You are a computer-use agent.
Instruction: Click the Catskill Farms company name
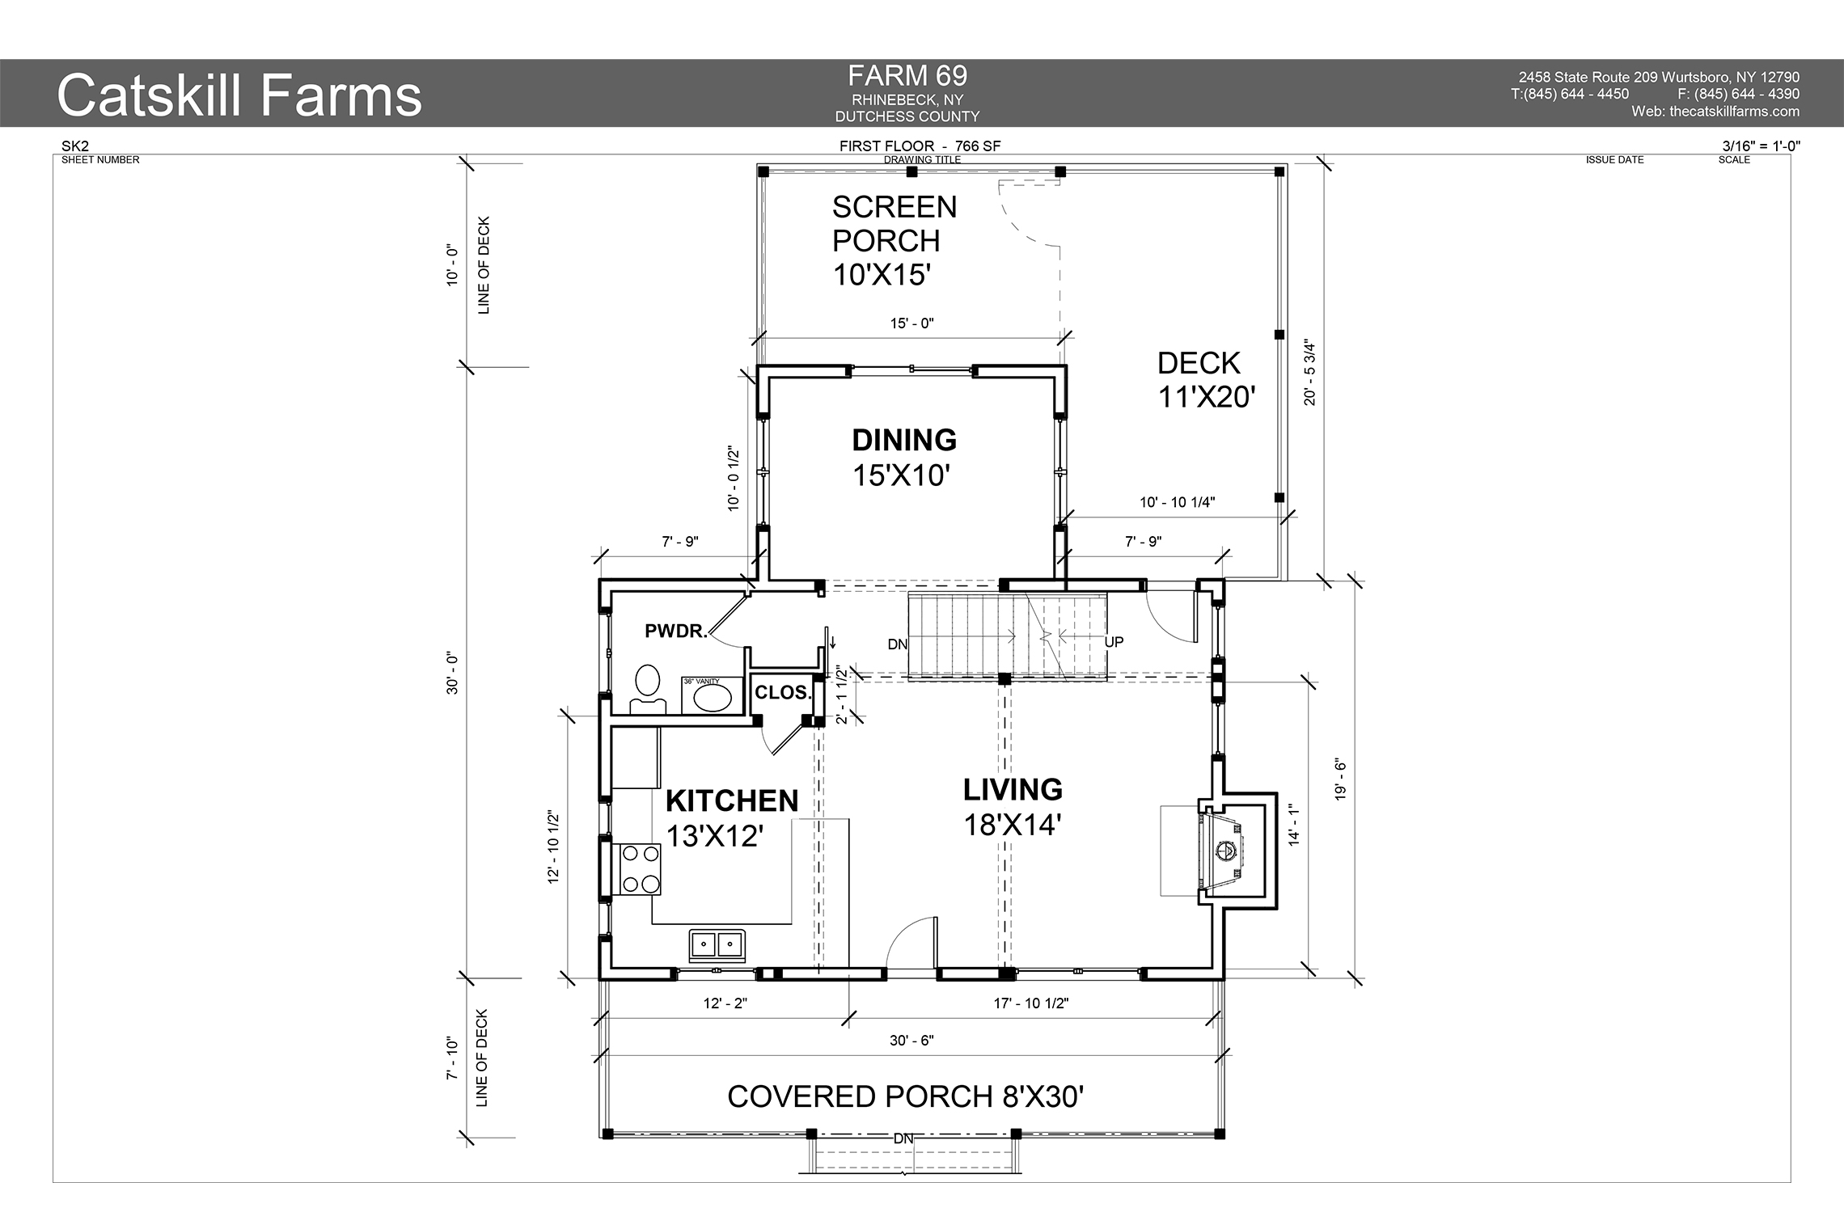(x=239, y=95)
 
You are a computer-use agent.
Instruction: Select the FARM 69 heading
(x=907, y=76)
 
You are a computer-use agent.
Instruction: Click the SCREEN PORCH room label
(x=895, y=224)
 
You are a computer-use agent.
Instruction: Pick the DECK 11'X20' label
(x=1207, y=380)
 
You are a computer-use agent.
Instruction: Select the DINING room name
(x=904, y=441)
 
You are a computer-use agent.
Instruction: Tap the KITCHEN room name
(x=732, y=801)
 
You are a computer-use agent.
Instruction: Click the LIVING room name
(x=1013, y=790)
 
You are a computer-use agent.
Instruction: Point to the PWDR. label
(x=676, y=631)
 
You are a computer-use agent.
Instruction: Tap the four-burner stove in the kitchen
(x=640, y=868)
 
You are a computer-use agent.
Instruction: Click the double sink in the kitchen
(x=717, y=944)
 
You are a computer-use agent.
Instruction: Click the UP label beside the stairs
(x=1114, y=643)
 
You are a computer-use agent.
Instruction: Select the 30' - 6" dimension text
(x=911, y=1041)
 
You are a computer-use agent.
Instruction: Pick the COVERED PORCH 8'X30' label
(x=906, y=1097)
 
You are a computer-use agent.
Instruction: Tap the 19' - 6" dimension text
(x=1340, y=780)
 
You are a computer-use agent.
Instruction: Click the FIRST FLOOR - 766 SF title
(x=920, y=146)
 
